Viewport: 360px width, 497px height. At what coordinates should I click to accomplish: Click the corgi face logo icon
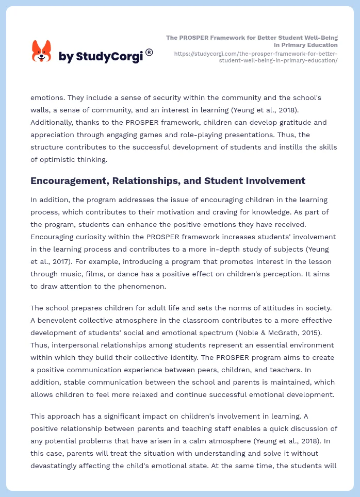point(42,52)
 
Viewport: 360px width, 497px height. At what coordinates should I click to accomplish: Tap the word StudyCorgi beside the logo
point(109,57)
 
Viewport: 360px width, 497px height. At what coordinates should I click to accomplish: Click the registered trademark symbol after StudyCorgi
point(149,52)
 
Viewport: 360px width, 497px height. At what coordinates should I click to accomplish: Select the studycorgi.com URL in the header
point(256,57)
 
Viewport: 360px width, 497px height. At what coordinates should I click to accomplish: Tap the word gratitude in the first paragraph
point(293,122)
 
